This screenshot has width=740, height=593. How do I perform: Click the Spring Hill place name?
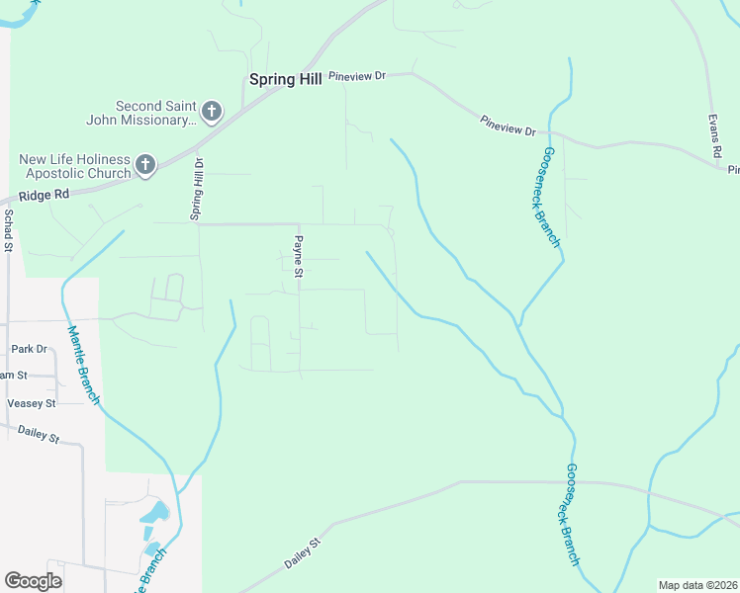(285, 80)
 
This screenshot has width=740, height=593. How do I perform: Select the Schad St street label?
(8, 229)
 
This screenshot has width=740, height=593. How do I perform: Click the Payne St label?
(297, 256)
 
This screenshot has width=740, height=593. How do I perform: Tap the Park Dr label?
(29, 349)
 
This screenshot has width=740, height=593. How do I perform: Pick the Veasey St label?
(32, 403)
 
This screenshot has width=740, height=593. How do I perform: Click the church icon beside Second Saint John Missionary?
(212, 112)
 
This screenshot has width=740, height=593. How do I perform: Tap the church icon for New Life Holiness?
(145, 165)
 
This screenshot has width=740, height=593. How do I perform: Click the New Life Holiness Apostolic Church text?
(75, 166)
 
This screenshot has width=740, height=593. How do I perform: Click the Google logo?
(33, 580)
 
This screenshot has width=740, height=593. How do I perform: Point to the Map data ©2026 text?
(697, 585)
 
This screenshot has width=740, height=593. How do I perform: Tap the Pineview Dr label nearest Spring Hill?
(356, 75)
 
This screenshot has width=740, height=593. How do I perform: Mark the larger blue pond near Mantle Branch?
(154, 513)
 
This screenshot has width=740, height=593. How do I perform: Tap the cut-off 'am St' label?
(14, 376)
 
